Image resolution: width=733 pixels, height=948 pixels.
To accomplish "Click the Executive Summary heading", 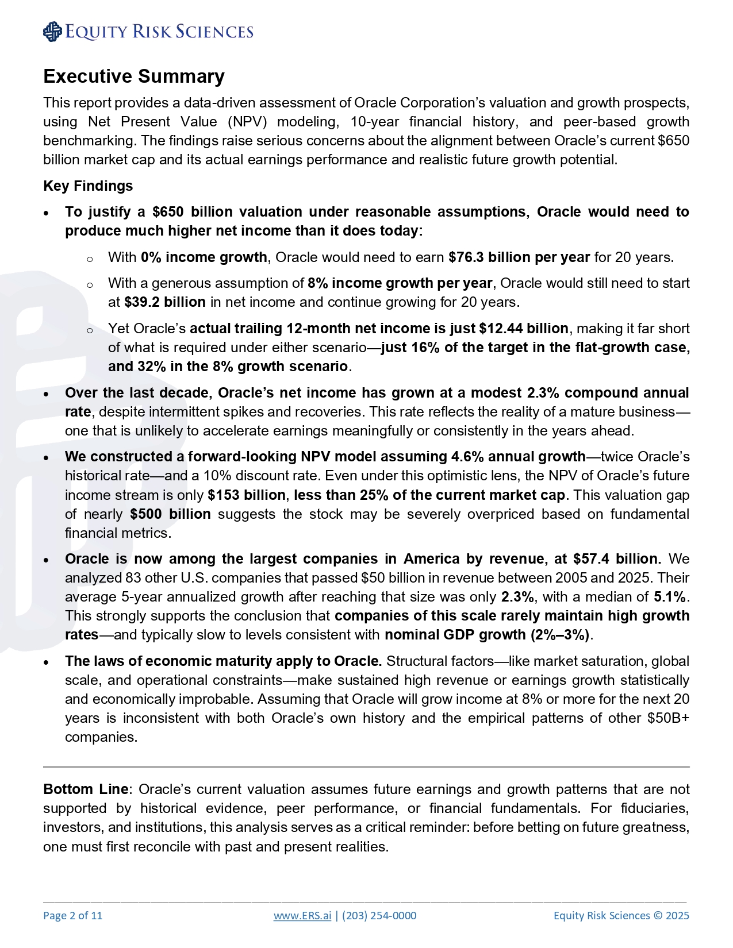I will click(x=134, y=76).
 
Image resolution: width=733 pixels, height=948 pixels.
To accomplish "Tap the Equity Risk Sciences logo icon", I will click(x=52, y=32).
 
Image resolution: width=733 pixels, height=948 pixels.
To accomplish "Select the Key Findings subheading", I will click(x=88, y=186).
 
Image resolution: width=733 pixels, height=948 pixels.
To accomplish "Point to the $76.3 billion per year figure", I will click(x=519, y=257).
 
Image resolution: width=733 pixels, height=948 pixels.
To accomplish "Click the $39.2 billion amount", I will click(x=164, y=302).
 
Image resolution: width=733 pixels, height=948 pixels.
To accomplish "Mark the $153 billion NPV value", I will click(x=246, y=495).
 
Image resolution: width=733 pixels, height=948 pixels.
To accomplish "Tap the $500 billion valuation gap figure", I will click(x=170, y=514).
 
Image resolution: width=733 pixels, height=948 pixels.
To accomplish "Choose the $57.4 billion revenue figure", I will click(x=615, y=558).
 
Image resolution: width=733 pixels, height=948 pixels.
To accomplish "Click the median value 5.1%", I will click(x=670, y=596).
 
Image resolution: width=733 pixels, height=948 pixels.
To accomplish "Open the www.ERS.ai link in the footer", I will click(x=302, y=915).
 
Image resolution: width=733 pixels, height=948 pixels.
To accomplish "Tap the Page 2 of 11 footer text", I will click(x=72, y=915).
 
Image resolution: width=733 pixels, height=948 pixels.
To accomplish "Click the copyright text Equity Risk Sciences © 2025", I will click(x=621, y=915).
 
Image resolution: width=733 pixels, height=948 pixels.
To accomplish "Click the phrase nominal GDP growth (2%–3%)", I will click(x=487, y=634).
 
